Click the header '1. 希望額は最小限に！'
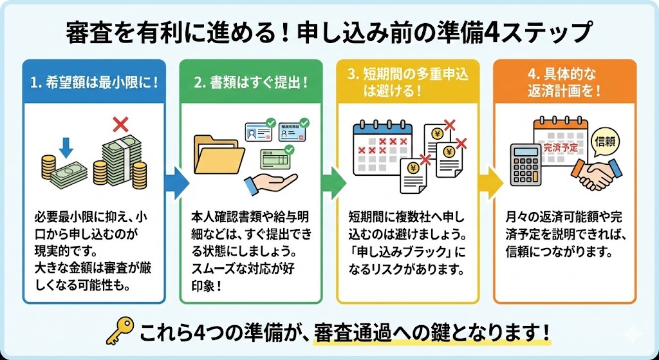pyautogui.click(x=94, y=83)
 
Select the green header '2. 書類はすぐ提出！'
pyautogui.click(x=250, y=83)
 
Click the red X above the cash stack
pyautogui.click(x=119, y=123)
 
